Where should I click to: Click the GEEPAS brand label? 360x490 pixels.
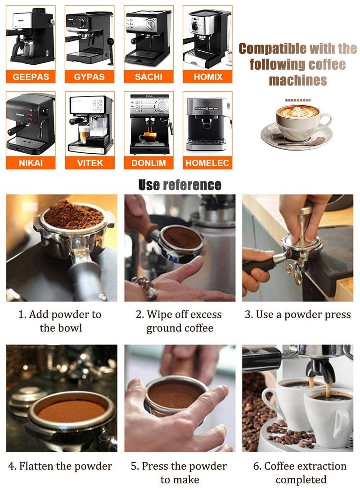[31, 76]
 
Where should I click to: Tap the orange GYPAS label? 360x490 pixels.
[90, 76]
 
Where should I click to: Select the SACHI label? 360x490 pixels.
[148, 76]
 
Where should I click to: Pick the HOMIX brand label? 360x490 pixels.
[208, 76]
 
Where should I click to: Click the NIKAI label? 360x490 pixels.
[31, 163]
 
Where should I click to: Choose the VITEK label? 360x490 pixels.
[90, 163]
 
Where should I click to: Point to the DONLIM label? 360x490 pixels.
[148, 163]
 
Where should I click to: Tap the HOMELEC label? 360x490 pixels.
[208, 163]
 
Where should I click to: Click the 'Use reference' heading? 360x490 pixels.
[180, 185]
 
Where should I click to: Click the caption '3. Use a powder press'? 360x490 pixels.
[297, 314]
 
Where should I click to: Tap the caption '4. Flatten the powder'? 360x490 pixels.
[65, 466]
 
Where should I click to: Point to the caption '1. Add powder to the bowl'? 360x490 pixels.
[60, 321]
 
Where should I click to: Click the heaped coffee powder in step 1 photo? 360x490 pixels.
[72, 215]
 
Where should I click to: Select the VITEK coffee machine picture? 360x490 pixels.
[90, 124]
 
